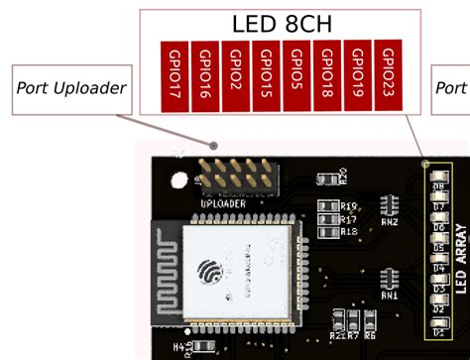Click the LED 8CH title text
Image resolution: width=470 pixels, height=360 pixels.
point(282,24)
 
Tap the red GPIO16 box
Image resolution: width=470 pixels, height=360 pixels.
point(205,75)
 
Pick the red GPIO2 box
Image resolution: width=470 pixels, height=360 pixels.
point(236,75)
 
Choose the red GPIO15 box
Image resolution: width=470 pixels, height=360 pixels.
point(267,75)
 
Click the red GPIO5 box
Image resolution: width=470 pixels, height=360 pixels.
point(296,75)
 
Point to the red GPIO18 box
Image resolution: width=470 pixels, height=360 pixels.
point(327,75)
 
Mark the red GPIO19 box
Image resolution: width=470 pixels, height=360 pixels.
point(358,75)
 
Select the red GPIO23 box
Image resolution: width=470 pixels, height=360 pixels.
point(388,74)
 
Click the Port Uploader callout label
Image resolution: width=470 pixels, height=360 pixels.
point(71,87)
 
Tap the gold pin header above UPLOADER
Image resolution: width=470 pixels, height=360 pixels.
point(237,175)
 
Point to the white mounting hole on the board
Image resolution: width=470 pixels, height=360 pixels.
point(179,181)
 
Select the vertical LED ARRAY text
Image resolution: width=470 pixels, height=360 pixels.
point(460,259)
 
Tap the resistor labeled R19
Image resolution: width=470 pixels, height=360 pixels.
point(327,206)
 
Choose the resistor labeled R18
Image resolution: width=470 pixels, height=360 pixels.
point(327,231)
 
